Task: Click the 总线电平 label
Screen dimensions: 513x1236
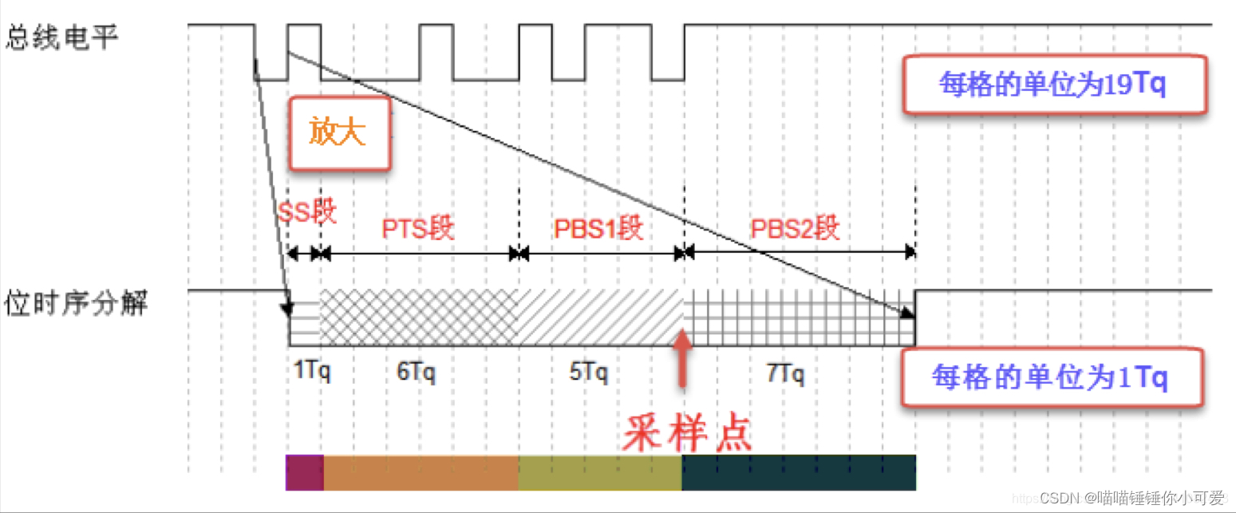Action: pyautogui.click(x=62, y=38)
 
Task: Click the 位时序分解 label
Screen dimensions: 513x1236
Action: pyautogui.click(x=77, y=303)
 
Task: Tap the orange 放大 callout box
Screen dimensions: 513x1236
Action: pyautogui.click(x=340, y=134)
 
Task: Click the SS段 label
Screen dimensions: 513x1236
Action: pyautogui.click(x=307, y=211)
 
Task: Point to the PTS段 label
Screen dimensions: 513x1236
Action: pyautogui.click(x=418, y=229)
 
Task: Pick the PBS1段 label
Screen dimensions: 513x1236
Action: pyautogui.click(x=598, y=229)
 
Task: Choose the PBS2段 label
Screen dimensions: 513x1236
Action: pyautogui.click(x=796, y=229)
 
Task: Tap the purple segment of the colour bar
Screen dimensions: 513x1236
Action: pyautogui.click(x=304, y=472)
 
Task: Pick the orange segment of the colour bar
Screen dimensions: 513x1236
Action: pyautogui.click(x=421, y=472)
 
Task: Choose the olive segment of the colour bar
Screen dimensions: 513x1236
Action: pyautogui.click(x=600, y=472)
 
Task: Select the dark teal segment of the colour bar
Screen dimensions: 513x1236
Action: pyautogui.click(x=798, y=472)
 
